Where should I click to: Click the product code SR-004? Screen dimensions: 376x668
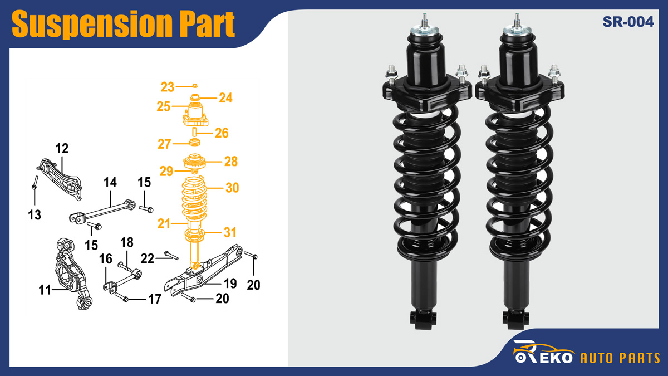627,22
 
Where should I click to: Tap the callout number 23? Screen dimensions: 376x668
168,87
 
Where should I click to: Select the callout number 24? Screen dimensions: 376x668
225,98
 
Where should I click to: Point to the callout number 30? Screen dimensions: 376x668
232,188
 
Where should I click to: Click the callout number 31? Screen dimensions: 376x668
230,231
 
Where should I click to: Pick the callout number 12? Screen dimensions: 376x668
61,148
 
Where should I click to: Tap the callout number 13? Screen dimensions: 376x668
35,214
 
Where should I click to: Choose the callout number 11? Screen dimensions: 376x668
45,289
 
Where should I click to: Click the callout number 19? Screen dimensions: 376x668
230,283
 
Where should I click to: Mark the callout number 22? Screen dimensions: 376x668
147,258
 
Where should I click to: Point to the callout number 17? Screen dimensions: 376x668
154,299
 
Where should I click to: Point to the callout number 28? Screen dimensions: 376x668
230,162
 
